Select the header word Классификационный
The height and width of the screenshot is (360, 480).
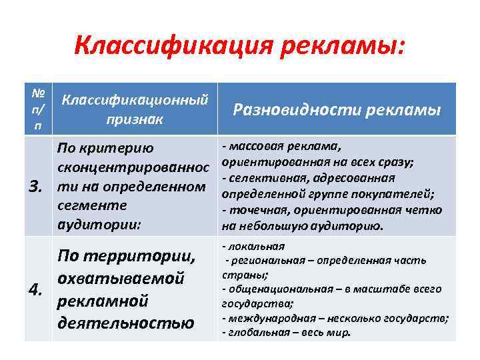(135, 101)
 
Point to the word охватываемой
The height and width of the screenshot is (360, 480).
(121, 278)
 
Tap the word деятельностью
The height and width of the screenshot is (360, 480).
(126, 323)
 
